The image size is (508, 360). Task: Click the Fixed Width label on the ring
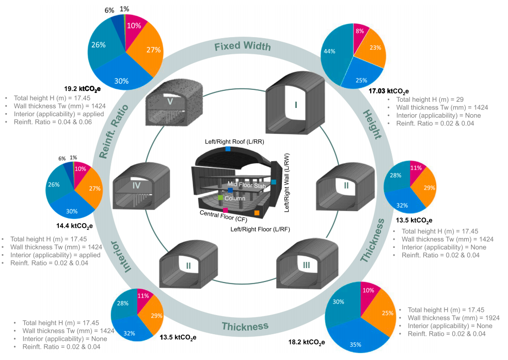[x=242, y=46]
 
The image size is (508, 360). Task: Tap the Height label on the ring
[x=372, y=124]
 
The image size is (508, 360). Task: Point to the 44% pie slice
[x=336, y=54]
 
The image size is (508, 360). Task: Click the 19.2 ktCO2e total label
[x=82, y=89]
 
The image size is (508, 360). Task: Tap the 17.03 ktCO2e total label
[x=388, y=91]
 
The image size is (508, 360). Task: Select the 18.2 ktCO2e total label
[x=307, y=342]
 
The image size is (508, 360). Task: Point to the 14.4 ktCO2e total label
[x=74, y=226]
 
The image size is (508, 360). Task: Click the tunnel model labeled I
[x=295, y=103]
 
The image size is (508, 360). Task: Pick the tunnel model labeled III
[x=307, y=263]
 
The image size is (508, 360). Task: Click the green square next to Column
[x=220, y=198]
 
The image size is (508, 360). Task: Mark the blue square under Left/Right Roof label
[x=228, y=149]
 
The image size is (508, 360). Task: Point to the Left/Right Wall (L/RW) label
[x=287, y=183]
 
